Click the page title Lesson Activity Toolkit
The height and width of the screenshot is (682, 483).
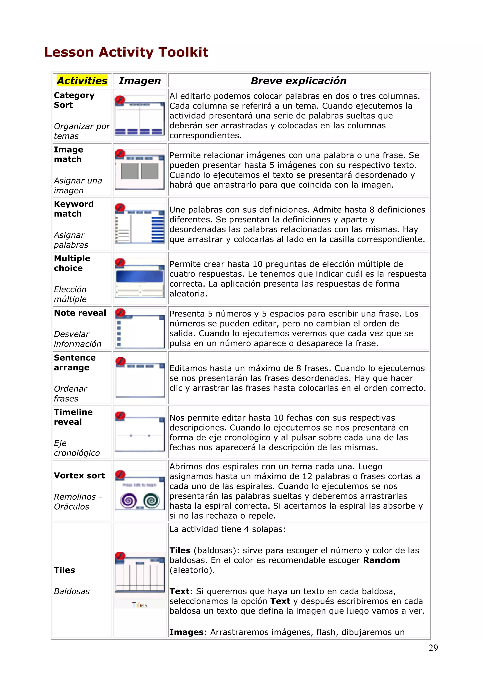[x=126, y=52]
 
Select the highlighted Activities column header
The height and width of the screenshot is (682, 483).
[x=82, y=81]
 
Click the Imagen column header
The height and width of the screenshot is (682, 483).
[x=139, y=81]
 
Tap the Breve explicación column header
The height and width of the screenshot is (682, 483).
[x=299, y=81]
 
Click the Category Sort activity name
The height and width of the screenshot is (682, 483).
[x=74, y=100]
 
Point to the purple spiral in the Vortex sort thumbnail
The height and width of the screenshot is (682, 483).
[x=129, y=501]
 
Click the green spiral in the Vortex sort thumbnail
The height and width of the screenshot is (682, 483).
[x=151, y=501]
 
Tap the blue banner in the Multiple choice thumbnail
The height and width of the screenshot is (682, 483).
[x=139, y=276]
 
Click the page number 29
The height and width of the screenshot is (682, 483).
[x=433, y=648]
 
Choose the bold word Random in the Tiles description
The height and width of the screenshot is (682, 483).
[x=381, y=560]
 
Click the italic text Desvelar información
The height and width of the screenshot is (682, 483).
[x=78, y=339]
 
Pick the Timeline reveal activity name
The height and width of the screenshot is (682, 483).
[x=73, y=417]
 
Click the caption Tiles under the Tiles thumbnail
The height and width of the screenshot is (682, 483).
[x=139, y=605]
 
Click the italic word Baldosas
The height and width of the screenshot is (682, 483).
[x=72, y=591]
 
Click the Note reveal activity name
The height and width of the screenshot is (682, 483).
[x=80, y=313]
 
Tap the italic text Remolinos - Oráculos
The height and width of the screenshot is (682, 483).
[x=78, y=501]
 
